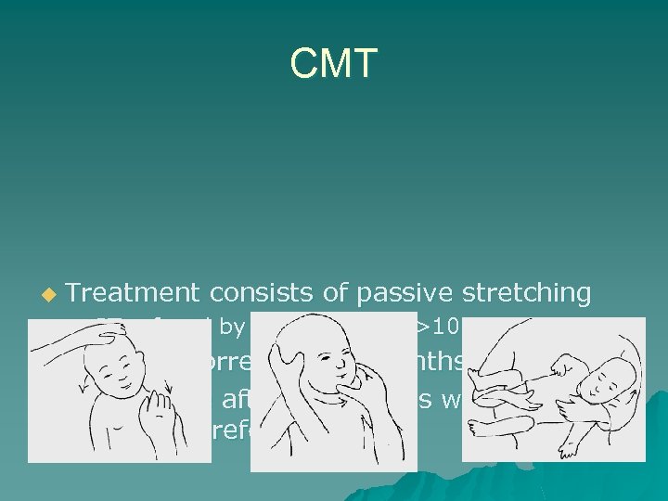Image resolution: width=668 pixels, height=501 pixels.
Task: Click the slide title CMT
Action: (x=333, y=64)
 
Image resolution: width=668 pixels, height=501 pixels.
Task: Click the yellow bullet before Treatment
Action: (x=48, y=295)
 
